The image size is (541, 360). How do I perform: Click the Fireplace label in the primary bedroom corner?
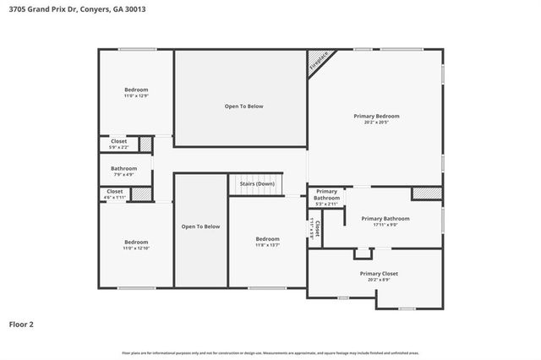(x=319, y=61)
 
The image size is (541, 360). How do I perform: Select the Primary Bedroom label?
(x=376, y=116)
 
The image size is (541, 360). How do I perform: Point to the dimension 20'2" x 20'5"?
(x=376, y=123)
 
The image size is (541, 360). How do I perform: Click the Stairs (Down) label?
(x=257, y=183)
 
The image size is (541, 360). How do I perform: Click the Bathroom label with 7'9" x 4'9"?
(x=124, y=168)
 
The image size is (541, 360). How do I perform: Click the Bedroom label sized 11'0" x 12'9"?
(x=136, y=90)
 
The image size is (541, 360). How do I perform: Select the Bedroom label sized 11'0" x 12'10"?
(x=136, y=242)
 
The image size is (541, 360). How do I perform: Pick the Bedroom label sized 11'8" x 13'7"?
(x=268, y=239)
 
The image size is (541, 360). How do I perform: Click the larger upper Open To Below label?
(x=243, y=106)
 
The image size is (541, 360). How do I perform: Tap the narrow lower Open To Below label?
(x=200, y=226)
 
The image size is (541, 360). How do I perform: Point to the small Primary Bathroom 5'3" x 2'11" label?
(x=326, y=194)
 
